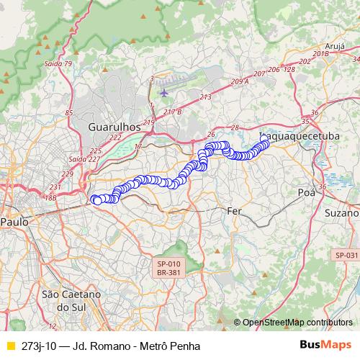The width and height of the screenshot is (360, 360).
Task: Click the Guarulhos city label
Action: tap(114, 126)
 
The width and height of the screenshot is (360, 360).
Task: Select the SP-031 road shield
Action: tap(346, 255)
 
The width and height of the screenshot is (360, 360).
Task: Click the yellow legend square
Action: tap(10, 345)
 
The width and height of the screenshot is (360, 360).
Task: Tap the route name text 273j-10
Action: tap(40, 345)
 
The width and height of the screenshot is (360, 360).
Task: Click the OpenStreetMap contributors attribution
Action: tap(297, 323)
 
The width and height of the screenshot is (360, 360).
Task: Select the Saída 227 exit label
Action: tap(84, 159)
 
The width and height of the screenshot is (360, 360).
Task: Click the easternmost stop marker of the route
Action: tap(266, 142)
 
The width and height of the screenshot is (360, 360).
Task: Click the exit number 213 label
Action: tap(207, 96)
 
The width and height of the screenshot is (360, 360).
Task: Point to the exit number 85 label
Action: tap(69, 112)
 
